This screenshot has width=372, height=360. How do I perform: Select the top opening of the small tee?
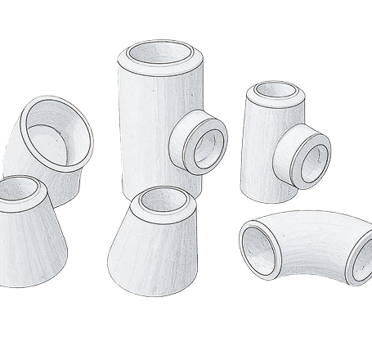276,91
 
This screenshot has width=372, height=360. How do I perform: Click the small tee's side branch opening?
312,163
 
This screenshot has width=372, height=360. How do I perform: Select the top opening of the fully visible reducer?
163,200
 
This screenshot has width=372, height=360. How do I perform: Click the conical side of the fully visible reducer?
151,245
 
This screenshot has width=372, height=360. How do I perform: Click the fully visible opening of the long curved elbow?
260,248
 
